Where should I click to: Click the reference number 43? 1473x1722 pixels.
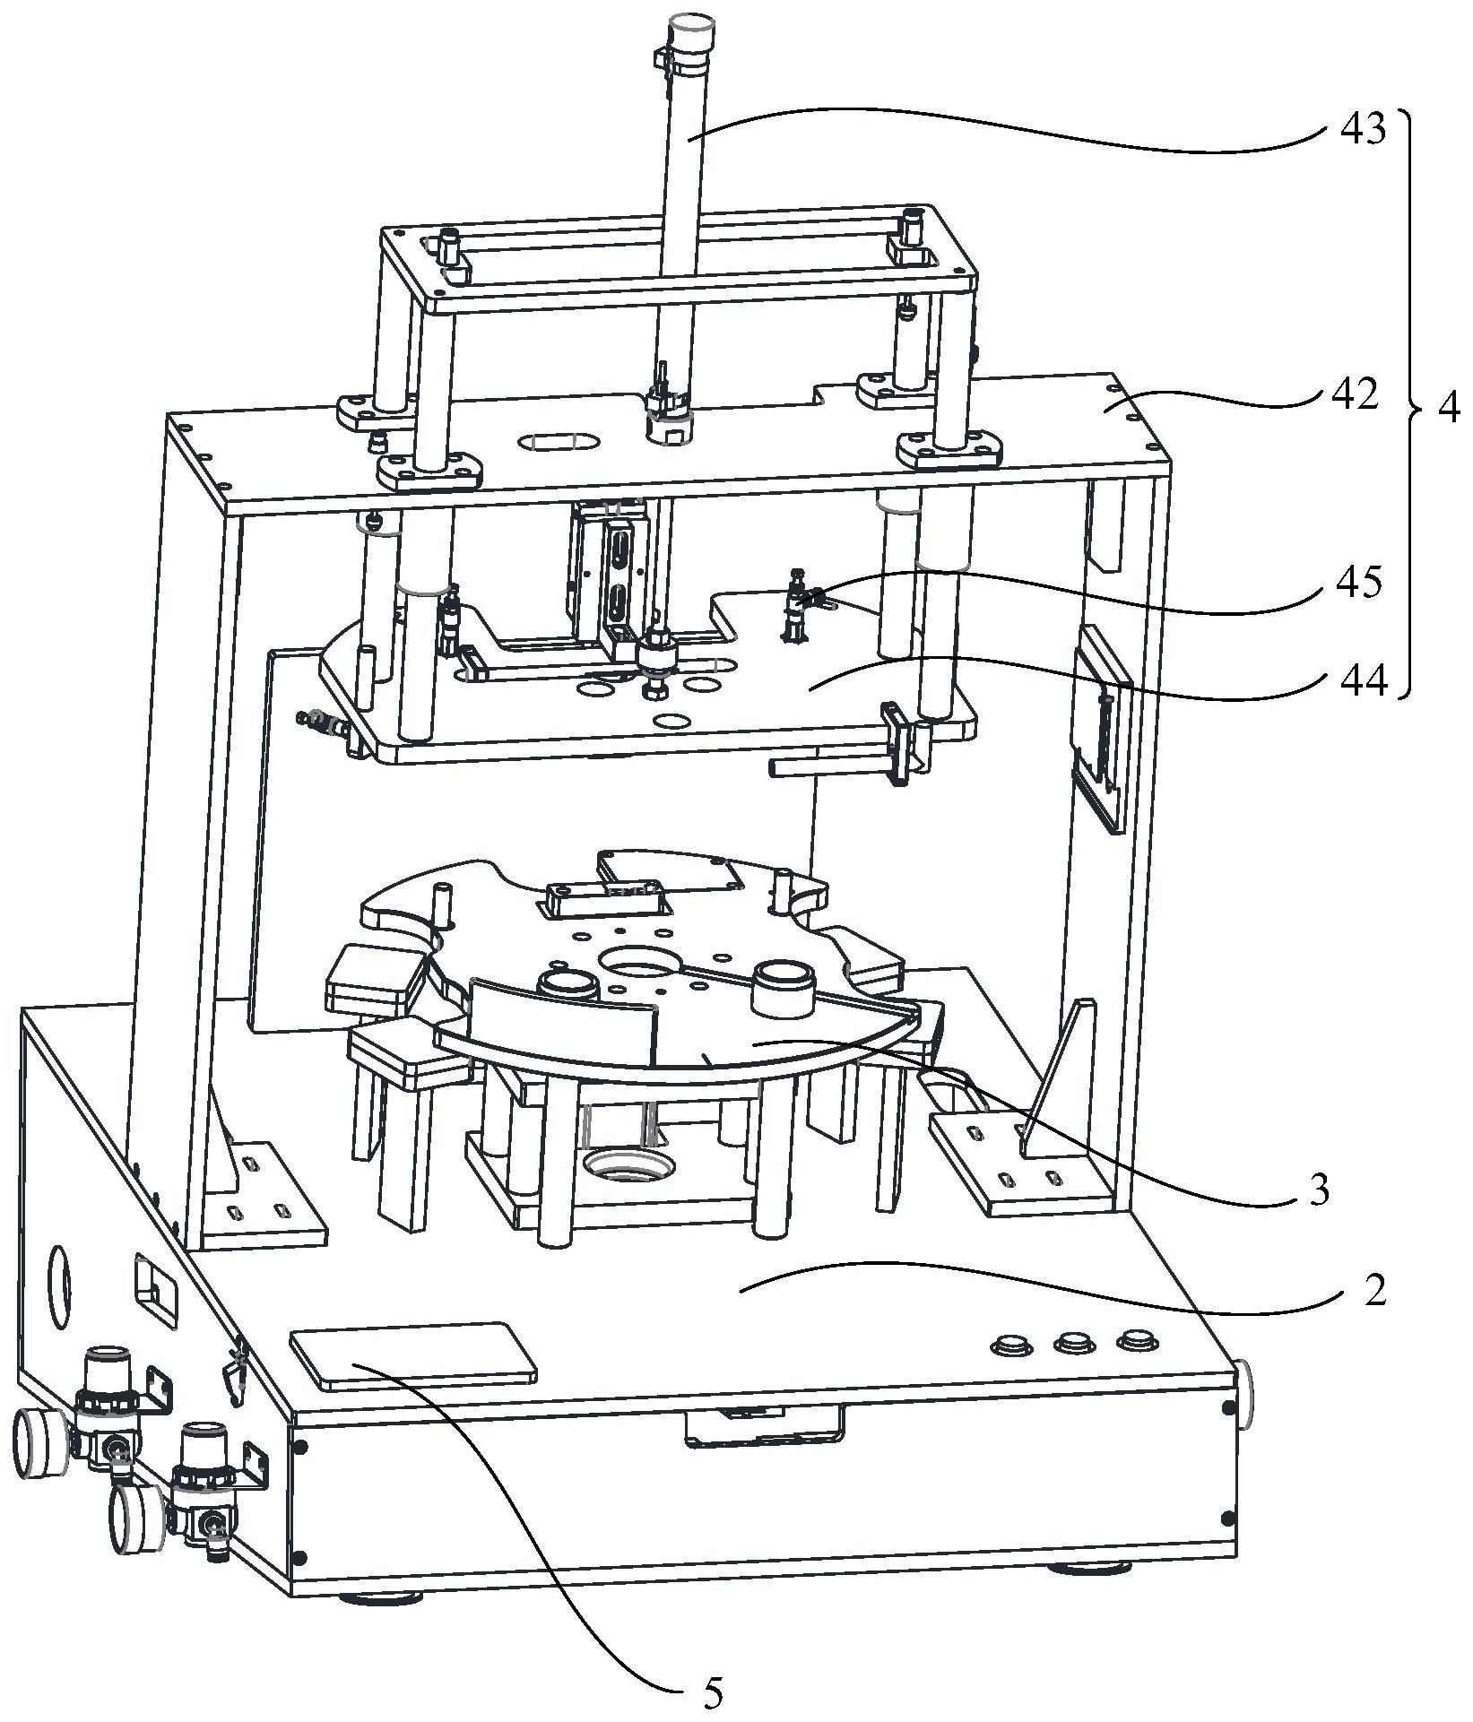pos(1361,129)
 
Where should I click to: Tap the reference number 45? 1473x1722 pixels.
pos(1357,583)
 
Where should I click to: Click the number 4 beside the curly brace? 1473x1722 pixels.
pos(1447,408)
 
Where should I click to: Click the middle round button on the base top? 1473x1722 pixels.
pos(1072,1343)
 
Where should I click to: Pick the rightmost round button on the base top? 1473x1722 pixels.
pos(1136,1341)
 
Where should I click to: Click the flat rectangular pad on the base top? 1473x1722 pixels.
pos(413,1354)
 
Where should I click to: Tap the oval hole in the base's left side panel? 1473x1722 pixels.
pos(58,1286)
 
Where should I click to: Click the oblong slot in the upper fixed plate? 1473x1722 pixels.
pos(556,443)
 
